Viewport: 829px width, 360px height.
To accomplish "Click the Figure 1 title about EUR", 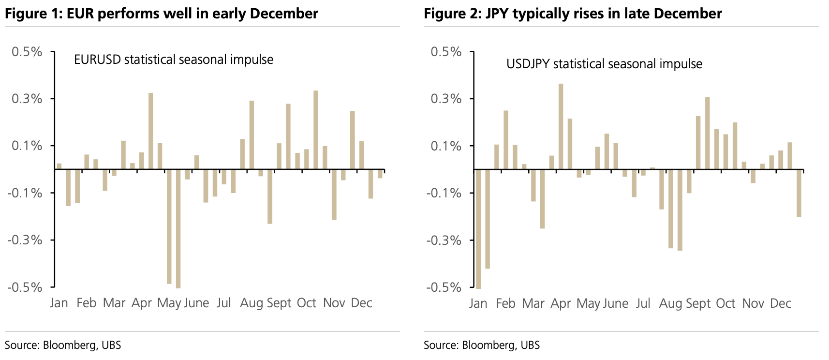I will tap(162, 14).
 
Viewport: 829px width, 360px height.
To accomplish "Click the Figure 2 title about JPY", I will tap(573, 14).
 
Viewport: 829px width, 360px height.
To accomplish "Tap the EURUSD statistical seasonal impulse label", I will tap(173, 60).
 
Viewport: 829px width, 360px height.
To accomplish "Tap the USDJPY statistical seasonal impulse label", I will tap(604, 64).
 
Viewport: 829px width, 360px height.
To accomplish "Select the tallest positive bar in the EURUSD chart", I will tap(316, 130).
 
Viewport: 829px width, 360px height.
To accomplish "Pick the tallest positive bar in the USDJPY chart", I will tap(561, 126).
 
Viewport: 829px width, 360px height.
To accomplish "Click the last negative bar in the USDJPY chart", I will tap(799, 193).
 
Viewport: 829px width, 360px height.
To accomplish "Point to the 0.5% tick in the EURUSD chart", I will tap(27, 52).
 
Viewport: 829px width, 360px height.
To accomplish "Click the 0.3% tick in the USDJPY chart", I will tap(446, 99).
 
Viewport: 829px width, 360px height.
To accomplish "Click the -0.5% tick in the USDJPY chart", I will tap(444, 287).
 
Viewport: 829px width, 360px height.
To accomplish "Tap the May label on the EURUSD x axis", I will tap(169, 303).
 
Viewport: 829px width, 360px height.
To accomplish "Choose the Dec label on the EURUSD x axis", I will tap(361, 303).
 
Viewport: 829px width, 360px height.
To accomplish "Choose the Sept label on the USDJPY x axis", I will tap(698, 303).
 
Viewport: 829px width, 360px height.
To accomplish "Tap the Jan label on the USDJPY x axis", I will tap(478, 303).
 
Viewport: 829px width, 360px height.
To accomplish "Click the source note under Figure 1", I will tap(63, 345).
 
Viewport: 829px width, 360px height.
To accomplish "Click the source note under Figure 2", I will tap(482, 345).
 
